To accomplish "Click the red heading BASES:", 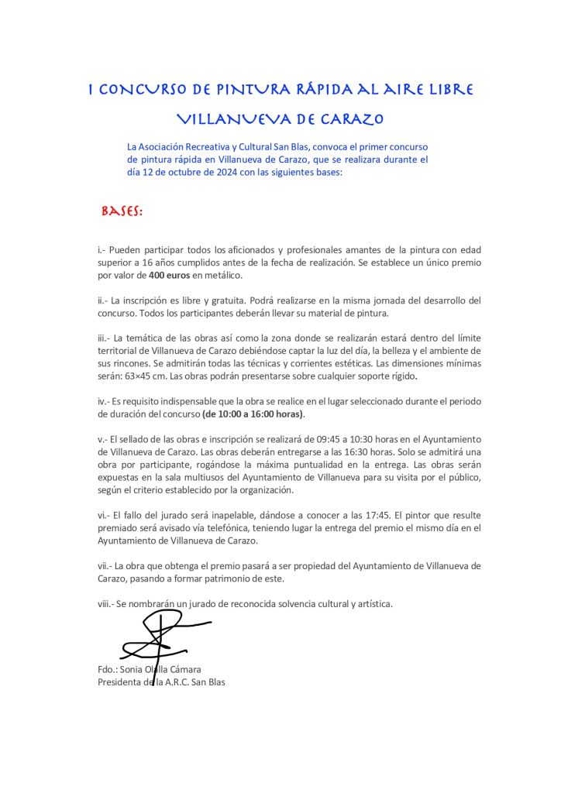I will [122, 211].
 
